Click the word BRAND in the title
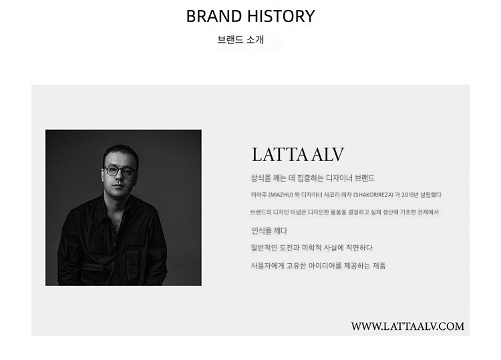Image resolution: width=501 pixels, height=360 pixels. (x=214, y=16)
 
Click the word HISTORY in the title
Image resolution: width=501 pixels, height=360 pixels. (x=281, y=16)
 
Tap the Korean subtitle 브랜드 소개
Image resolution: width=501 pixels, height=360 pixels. (x=240, y=39)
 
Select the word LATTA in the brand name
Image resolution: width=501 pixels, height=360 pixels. (x=280, y=154)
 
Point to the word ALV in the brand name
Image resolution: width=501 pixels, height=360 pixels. (x=327, y=154)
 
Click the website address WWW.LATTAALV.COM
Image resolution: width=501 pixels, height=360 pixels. (x=407, y=326)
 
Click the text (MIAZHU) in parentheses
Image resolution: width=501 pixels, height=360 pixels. (x=281, y=195)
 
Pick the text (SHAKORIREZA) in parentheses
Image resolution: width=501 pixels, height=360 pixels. (x=373, y=195)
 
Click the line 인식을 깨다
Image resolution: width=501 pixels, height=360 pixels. (x=269, y=230)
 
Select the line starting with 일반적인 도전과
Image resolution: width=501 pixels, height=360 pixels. (x=311, y=248)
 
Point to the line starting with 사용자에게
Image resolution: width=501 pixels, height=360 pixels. (x=318, y=266)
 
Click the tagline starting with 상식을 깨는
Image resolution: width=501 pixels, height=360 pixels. (x=313, y=178)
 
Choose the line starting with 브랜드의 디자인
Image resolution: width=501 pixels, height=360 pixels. (x=345, y=212)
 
